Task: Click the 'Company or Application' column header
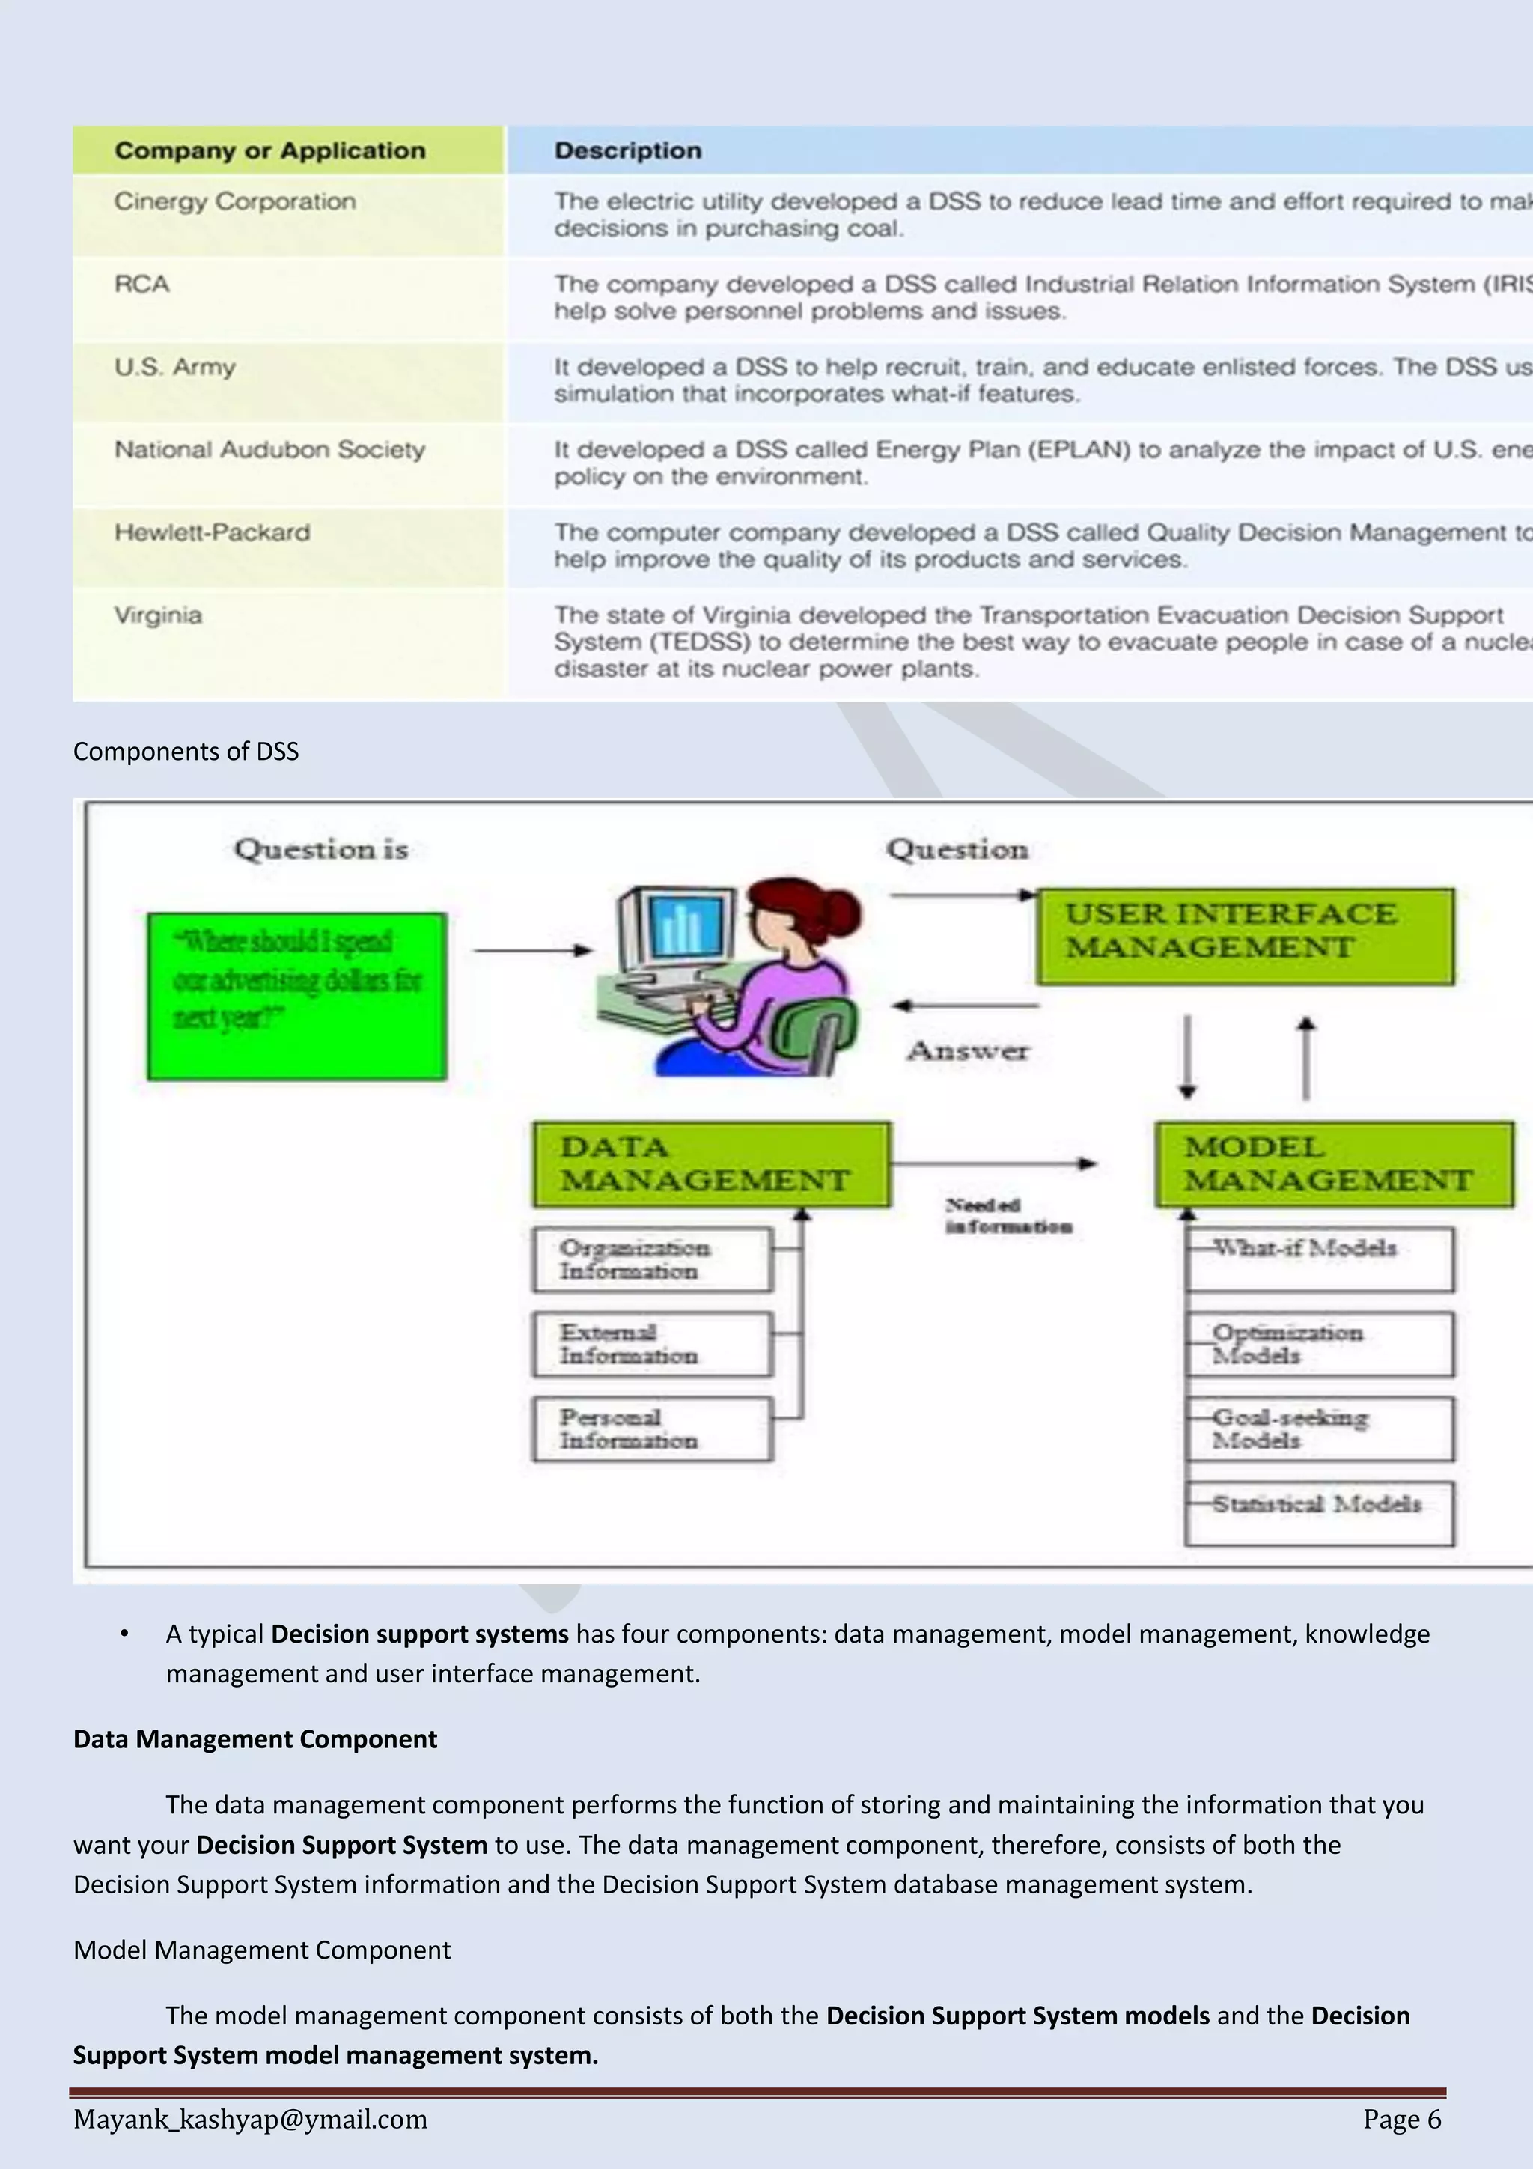(270, 150)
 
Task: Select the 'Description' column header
(628, 150)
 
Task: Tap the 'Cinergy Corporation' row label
(235, 201)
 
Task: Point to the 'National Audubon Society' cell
(270, 450)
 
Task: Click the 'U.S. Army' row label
(174, 367)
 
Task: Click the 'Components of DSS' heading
(186, 751)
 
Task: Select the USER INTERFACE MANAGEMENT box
(1245, 935)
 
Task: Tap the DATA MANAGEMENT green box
(710, 1163)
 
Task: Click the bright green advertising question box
(296, 996)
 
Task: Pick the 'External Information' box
(652, 1343)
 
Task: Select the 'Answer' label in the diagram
(967, 1050)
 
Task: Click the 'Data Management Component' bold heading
(255, 1739)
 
